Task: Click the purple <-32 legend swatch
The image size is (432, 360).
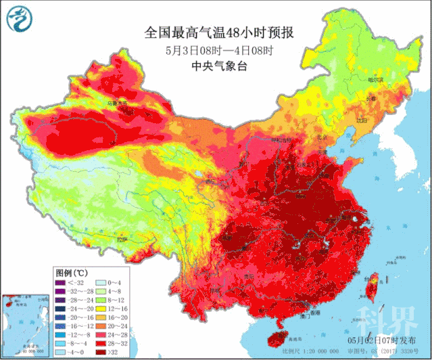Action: (61, 282)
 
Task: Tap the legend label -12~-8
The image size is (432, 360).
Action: (77, 334)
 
